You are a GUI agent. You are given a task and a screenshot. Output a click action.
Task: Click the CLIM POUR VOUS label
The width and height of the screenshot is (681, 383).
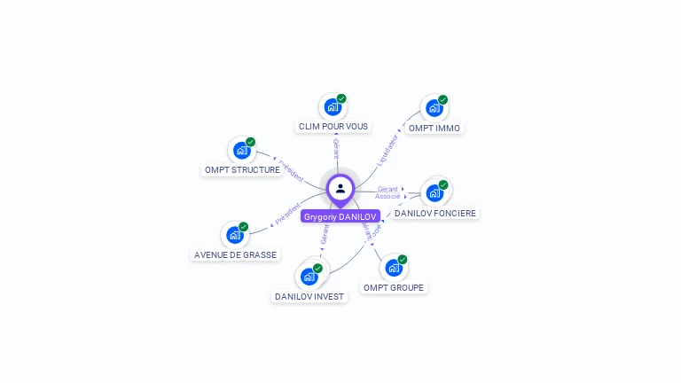pyautogui.click(x=333, y=127)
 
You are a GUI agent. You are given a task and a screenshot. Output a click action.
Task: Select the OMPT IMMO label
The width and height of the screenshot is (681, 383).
pyautogui.click(x=434, y=128)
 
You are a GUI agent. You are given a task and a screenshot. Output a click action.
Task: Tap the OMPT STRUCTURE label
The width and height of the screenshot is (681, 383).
pyautogui.click(x=242, y=169)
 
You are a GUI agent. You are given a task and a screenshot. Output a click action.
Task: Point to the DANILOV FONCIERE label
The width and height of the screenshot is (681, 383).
pyautogui.click(x=435, y=213)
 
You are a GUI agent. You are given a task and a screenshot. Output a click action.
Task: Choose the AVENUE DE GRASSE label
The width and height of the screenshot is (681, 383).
pyautogui.click(x=235, y=254)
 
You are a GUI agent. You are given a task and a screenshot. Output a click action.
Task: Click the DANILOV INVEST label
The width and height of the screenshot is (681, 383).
pyautogui.click(x=309, y=296)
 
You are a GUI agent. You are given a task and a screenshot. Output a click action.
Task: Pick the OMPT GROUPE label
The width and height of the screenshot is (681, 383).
pyautogui.click(x=395, y=287)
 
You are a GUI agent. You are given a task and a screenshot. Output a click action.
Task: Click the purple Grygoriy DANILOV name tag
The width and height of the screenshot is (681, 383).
pyautogui.click(x=340, y=216)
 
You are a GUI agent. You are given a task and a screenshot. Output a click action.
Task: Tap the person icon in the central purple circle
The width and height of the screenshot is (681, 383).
pyautogui.click(x=340, y=188)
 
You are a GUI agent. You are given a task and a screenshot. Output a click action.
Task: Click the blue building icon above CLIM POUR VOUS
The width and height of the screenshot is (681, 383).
pyautogui.click(x=333, y=107)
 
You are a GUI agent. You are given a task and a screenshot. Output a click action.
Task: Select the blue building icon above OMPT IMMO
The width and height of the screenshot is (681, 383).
pyautogui.click(x=434, y=108)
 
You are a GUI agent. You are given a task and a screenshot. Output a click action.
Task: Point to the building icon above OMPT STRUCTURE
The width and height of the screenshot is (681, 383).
pyautogui.click(x=241, y=151)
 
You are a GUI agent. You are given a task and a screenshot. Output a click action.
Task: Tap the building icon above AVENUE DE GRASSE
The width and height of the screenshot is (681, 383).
pyautogui.click(x=234, y=235)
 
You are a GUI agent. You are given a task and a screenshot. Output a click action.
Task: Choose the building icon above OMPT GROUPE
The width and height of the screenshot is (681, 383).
pyautogui.click(x=394, y=268)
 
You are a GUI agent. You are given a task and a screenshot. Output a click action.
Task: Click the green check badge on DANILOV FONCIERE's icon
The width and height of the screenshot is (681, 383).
pyautogui.click(x=443, y=185)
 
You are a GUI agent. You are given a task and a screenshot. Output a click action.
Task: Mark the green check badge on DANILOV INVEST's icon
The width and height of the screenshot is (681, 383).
pyautogui.click(x=317, y=268)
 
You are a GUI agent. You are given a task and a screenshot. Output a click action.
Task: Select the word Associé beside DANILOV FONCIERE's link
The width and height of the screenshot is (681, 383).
pyautogui.click(x=387, y=196)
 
